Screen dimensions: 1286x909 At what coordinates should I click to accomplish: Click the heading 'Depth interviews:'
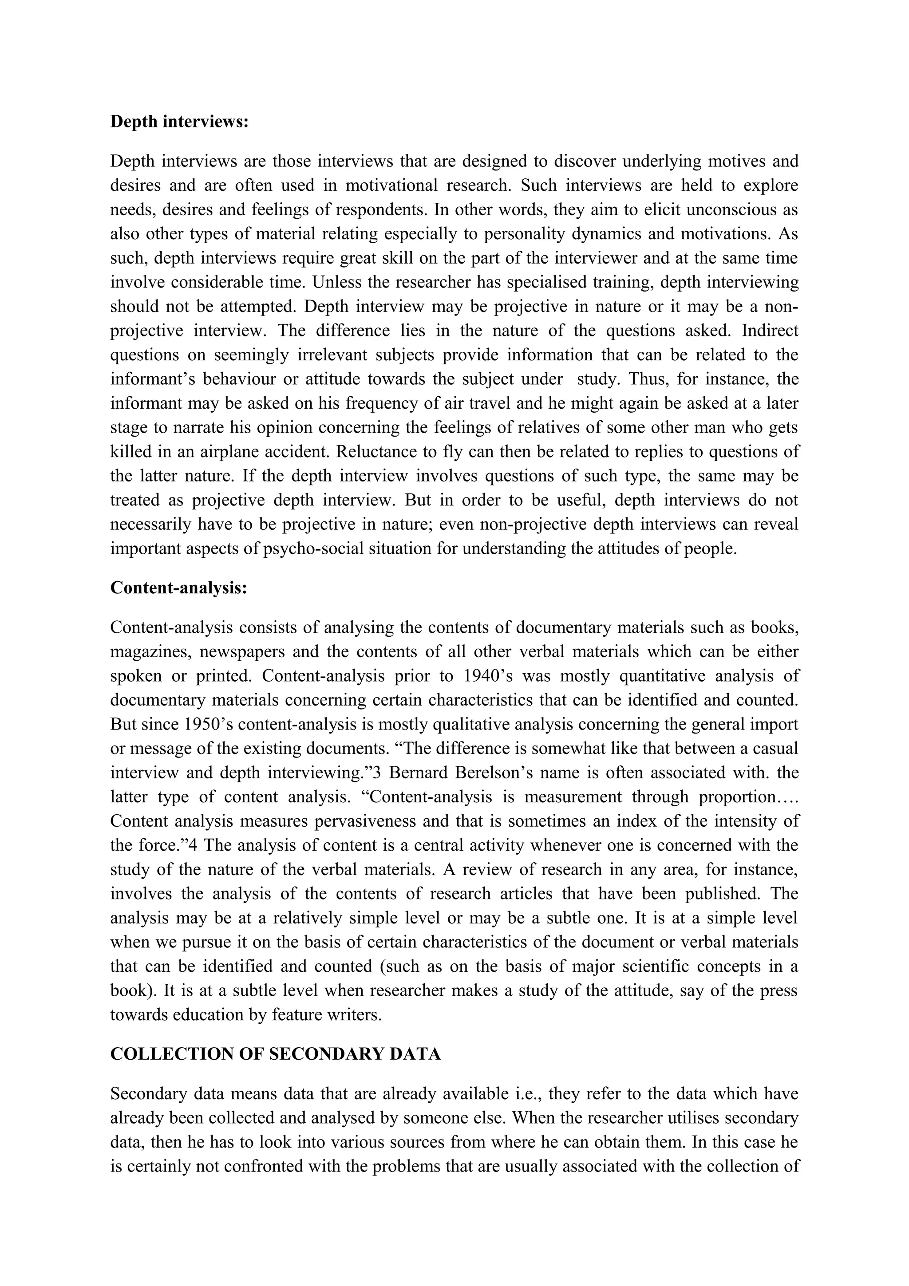pyautogui.click(x=179, y=122)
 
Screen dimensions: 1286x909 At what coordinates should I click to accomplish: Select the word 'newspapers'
pyautogui.click(x=242, y=652)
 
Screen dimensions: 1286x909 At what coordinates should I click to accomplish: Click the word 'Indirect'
pyautogui.click(x=770, y=331)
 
